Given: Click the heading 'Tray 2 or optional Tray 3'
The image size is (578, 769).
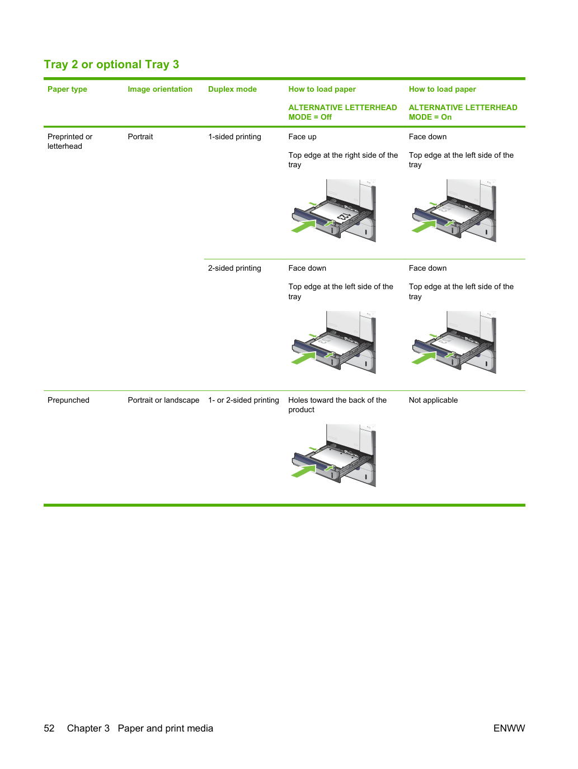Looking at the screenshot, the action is [111, 64].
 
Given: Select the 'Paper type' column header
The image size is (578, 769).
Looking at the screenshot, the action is [67, 89].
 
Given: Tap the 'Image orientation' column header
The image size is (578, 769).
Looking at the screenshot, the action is [160, 89].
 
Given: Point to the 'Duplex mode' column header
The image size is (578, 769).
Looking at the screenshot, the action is [232, 89].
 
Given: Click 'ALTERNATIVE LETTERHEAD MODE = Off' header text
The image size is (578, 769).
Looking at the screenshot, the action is [342, 112].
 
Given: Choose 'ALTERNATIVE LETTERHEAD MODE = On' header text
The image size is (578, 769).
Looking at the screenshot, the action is [463, 112].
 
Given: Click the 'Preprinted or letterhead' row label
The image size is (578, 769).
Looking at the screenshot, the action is [70, 141].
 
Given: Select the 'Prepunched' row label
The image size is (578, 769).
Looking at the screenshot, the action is [68, 400].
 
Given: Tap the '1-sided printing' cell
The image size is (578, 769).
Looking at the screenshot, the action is [234, 136].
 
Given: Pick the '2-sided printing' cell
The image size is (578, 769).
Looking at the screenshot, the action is [234, 268].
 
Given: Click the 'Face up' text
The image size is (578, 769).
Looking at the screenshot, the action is [302, 136].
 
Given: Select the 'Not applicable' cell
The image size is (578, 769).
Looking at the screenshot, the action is [433, 400].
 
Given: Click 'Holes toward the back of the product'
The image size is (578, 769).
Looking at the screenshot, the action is [337, 405].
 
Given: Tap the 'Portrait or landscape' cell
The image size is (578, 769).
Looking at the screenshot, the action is [163, 400].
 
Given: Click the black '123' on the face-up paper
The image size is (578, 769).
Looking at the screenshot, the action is [344, 216].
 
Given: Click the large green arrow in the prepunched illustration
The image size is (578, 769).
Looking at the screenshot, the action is [303, 471].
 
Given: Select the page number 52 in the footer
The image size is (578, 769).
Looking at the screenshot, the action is [49, 728].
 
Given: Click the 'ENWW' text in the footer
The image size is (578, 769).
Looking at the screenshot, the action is [509, 728].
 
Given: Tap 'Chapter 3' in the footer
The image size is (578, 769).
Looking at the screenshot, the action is [88, 728].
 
